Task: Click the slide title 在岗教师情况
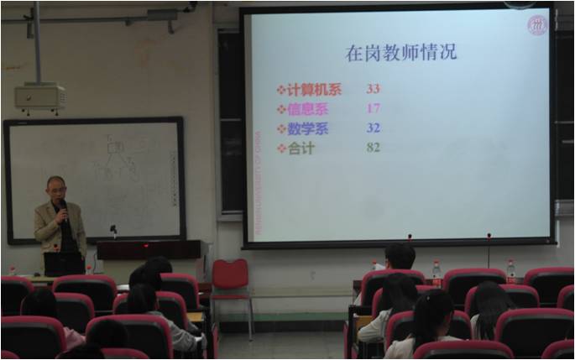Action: tap(401, 52)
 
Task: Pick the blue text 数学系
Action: tap(308, 128)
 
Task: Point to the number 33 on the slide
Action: tap(374, 88)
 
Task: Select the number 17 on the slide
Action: tap(374, 108)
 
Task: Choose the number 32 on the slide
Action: tap(374, 128)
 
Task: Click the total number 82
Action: tap(374, 148)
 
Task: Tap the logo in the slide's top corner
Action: tap(536, 25)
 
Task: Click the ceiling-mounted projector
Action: tap(39, 97)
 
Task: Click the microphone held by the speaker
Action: tap(63, 207)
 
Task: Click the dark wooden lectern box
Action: tap(151, 249)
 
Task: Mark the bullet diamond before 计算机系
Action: tap(281, 89)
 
